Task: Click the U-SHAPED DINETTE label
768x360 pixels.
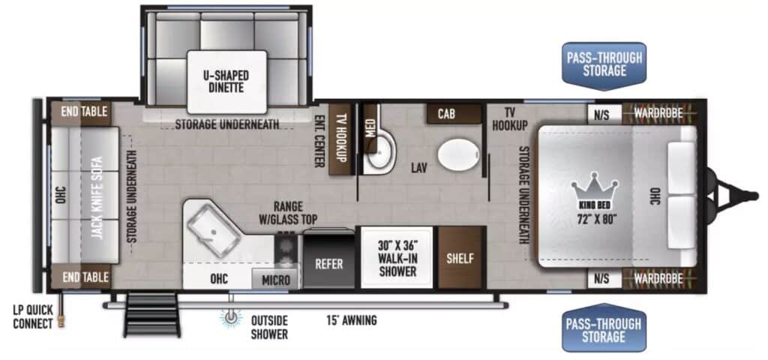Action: (x=226, y=82)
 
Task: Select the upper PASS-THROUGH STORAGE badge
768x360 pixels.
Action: (x=604, y=64)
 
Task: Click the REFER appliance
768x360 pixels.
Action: (x=328, y=264)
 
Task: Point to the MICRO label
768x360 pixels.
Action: (x=276, y=280)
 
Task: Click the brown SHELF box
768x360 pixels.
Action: (x=460, y=259)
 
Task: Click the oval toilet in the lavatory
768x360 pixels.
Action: (x=457, y=154)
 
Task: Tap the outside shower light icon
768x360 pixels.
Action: (x=231, y=317)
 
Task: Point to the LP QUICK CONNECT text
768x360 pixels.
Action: (x=32, y=316)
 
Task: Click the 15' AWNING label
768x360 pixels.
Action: (x=351, y=320)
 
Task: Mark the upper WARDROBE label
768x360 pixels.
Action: (x=658, y=113)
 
